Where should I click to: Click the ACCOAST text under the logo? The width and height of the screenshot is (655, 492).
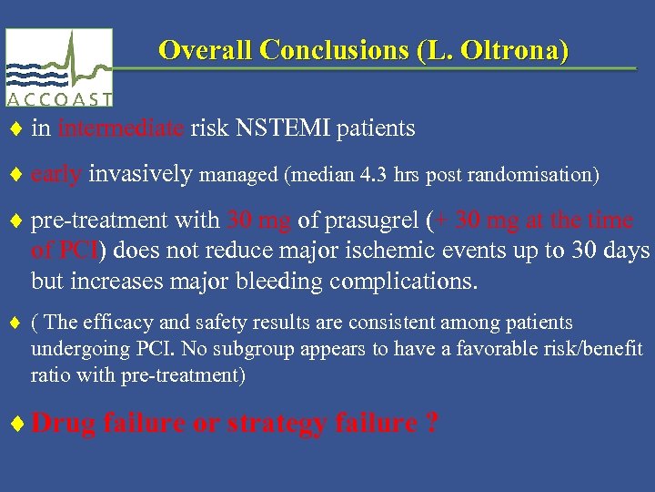pos(59,99)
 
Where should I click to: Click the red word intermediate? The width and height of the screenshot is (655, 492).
pos(123,128)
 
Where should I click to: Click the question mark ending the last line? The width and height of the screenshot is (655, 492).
pos(430,424)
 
